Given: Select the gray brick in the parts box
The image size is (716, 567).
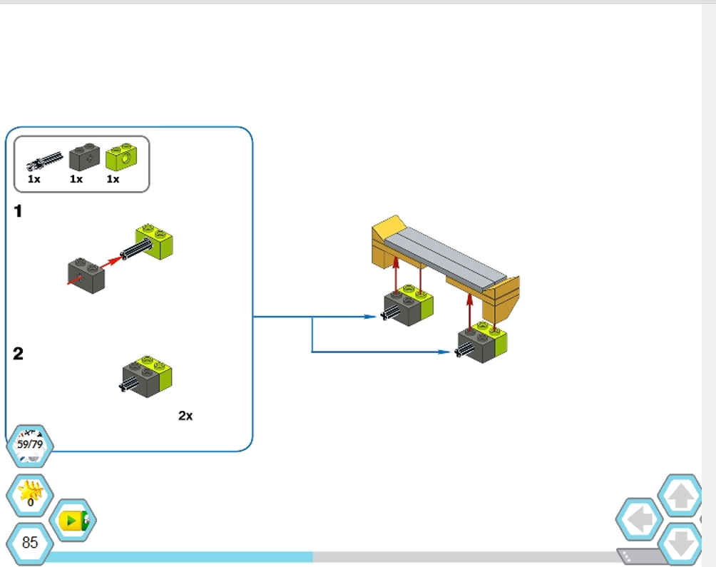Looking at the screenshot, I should pos(84,155).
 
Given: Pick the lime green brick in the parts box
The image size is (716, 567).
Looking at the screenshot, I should pos(122,155).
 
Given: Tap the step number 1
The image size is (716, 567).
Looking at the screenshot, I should pos(19,211).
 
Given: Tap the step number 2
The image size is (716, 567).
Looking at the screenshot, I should pos(19,354).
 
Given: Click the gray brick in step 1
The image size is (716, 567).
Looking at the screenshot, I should pos(86,275).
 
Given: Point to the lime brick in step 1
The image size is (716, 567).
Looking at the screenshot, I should pos(155,242).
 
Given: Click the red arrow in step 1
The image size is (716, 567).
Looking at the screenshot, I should pos(110,262).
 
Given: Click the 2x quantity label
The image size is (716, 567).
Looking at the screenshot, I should pos(185,416).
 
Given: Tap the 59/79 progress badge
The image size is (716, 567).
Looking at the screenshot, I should pos(30,444).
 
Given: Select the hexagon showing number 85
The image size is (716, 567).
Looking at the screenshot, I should pos(30,543).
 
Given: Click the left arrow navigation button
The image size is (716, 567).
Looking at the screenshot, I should pos(638,519).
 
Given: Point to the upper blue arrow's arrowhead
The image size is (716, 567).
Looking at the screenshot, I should pos(370,316).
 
